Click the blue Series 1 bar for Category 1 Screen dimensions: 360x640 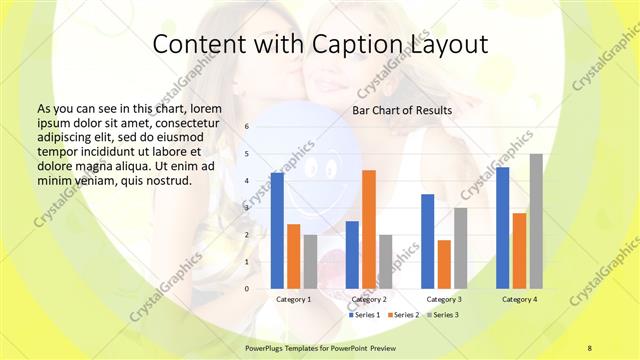277,231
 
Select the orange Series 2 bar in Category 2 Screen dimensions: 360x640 369,229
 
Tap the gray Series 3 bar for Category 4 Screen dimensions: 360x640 536,221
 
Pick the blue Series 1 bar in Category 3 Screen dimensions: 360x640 428,241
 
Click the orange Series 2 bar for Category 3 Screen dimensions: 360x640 444,264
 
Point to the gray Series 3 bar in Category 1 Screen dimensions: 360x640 310,261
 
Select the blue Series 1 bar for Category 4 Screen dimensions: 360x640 503,227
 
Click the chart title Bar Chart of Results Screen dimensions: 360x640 402,110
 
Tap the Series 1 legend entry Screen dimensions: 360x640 363,315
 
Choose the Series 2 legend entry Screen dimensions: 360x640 403,315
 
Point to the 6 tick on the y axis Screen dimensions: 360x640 247,127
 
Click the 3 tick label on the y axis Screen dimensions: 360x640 247,208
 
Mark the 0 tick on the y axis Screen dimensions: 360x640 247,289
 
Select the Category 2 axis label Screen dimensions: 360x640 369,299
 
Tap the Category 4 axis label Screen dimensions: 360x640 519,299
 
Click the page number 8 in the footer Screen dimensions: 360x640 589,347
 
